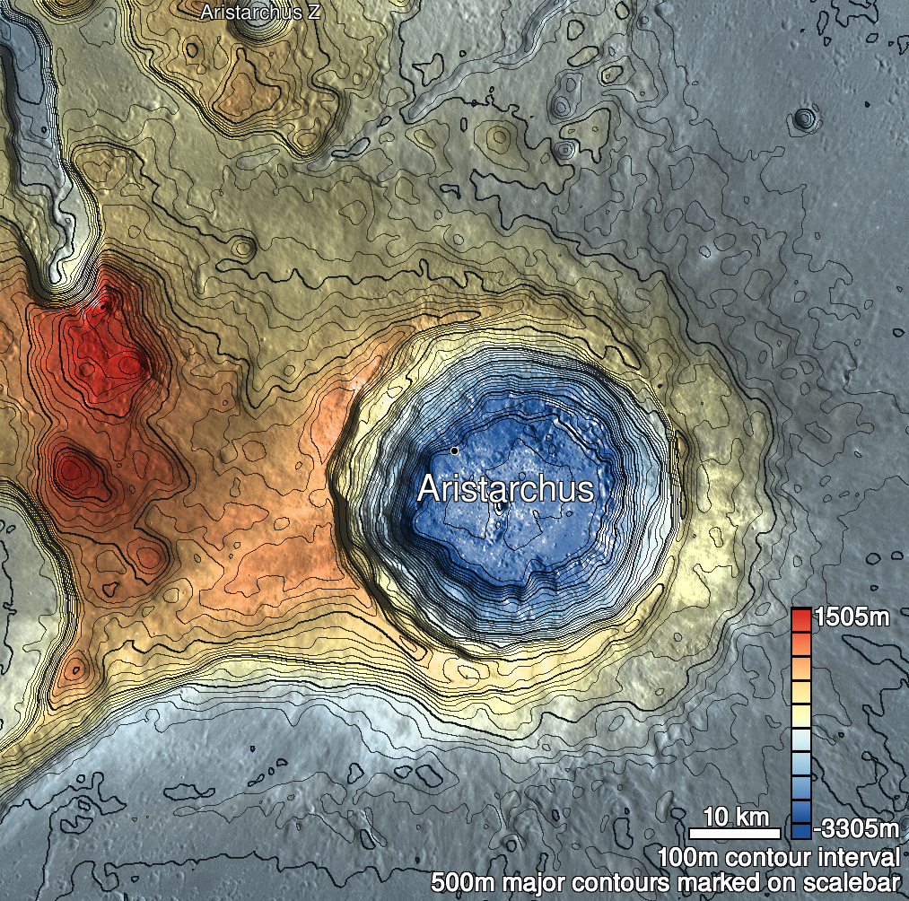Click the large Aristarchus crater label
pyautogui.click(x=505, y=489)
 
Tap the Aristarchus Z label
pyautogui.click(x=260, y=13)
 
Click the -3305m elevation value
pyautogui.click(x=856, y=826)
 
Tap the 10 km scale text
pyautogui.click(x=735, y=817)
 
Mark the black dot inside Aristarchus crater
pyautogui.click(x=455, y=450)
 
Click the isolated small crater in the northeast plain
pyautogui.click(x=805, y=118)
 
